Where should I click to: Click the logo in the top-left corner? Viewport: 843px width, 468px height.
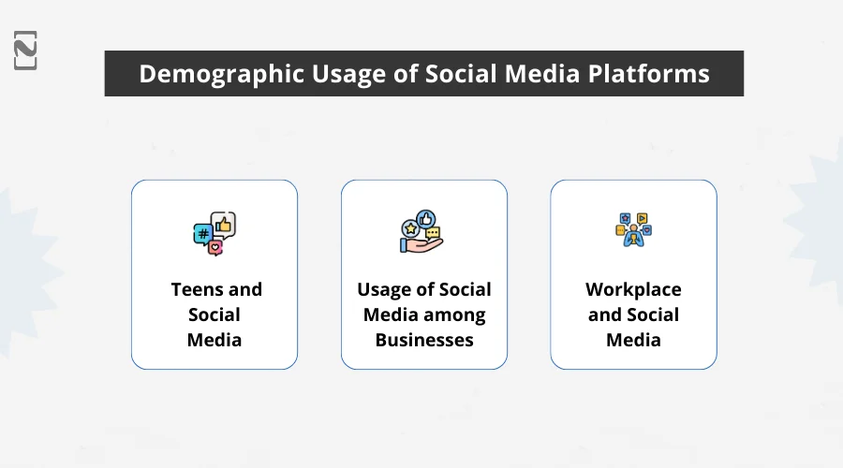pos(26,50)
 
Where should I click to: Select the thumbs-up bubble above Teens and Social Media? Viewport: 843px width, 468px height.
pos(223,224)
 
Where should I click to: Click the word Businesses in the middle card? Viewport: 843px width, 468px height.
pos(424,340)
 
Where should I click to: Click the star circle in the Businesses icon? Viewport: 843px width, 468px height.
pos(410,227)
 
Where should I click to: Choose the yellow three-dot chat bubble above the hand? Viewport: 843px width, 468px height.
pos(433,233)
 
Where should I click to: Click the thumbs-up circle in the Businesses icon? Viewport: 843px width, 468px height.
pos(426,218)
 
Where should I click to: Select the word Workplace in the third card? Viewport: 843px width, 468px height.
pos(633,289)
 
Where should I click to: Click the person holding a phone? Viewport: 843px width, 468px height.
pos(633,239)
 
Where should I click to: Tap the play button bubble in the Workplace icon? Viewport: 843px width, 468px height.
pos(642,219)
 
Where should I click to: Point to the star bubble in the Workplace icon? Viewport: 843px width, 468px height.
pos(625,218)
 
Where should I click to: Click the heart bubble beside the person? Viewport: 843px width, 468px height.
pos(646,229)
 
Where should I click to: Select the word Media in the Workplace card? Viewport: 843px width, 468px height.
pos(633,340)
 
